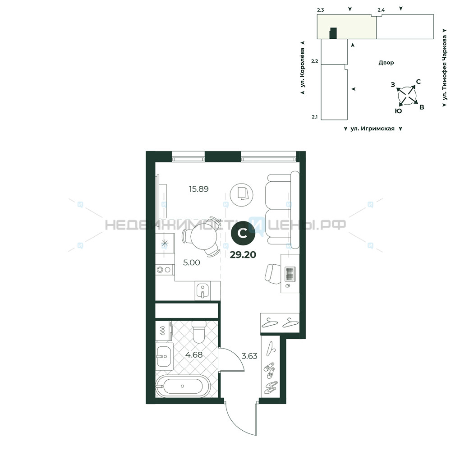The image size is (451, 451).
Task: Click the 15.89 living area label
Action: click(198, 189)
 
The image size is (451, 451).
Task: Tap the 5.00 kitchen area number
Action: click(192, 262)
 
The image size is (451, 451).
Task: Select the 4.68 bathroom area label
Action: click(194, 355)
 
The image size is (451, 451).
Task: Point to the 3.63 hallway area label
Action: click(249, 356)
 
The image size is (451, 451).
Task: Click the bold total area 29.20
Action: click(243, 254)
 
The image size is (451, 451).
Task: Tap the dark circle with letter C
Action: click(244, 234)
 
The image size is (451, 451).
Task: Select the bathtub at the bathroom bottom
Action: click(183, 386)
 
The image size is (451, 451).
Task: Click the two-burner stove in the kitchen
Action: click(165, 270)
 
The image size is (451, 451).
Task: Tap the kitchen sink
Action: click(203, 291)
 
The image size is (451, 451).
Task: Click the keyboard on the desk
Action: click(290, 275)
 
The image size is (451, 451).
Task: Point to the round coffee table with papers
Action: click(242, 195)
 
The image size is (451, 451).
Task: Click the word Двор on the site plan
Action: click(387, 63)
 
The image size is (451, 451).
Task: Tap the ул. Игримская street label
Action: click(373, 129)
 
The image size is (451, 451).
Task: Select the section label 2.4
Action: click(381, 10)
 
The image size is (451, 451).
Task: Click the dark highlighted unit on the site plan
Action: click(333, 33)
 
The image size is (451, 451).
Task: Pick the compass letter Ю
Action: click(398, 111)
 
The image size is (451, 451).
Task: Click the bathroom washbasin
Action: click(164, 356)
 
